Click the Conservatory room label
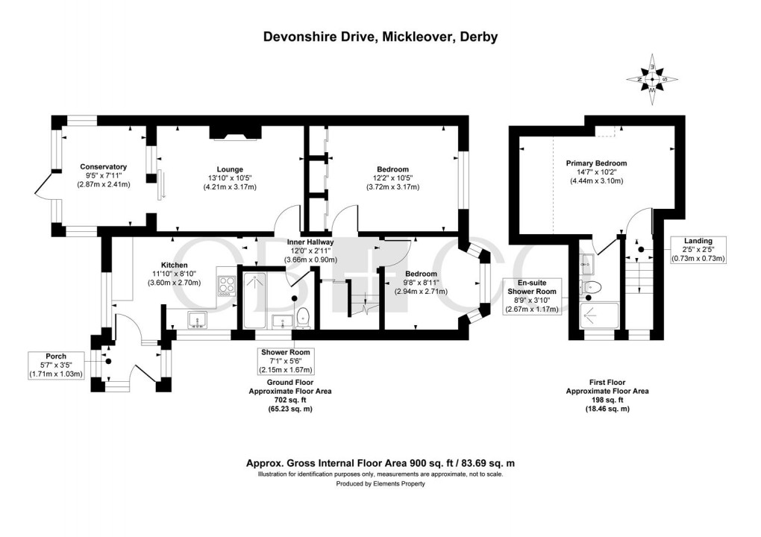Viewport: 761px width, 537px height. click(x=103, y=166)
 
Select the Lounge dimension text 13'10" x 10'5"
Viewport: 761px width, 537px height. click(x=226, y=178)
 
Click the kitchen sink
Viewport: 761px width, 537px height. click(x=198, y=320)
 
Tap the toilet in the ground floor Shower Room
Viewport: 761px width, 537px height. click(x=303, y=317)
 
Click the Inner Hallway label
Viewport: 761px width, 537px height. click(x=310, y=242)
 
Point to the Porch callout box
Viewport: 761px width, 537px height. click(x=55, y=365)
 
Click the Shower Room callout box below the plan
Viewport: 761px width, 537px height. click(x=285, y=361)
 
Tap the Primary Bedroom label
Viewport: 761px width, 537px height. click(x=596, y=163)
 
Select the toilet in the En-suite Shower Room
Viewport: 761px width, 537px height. click(x=594, y=286)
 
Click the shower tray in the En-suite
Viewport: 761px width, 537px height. click(x=599, y=315)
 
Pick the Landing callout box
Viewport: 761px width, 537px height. click(x=698, y=249)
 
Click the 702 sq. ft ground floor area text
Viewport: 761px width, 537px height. click(x=290, y=400)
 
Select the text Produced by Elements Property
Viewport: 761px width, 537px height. click(x=380, y=484)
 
